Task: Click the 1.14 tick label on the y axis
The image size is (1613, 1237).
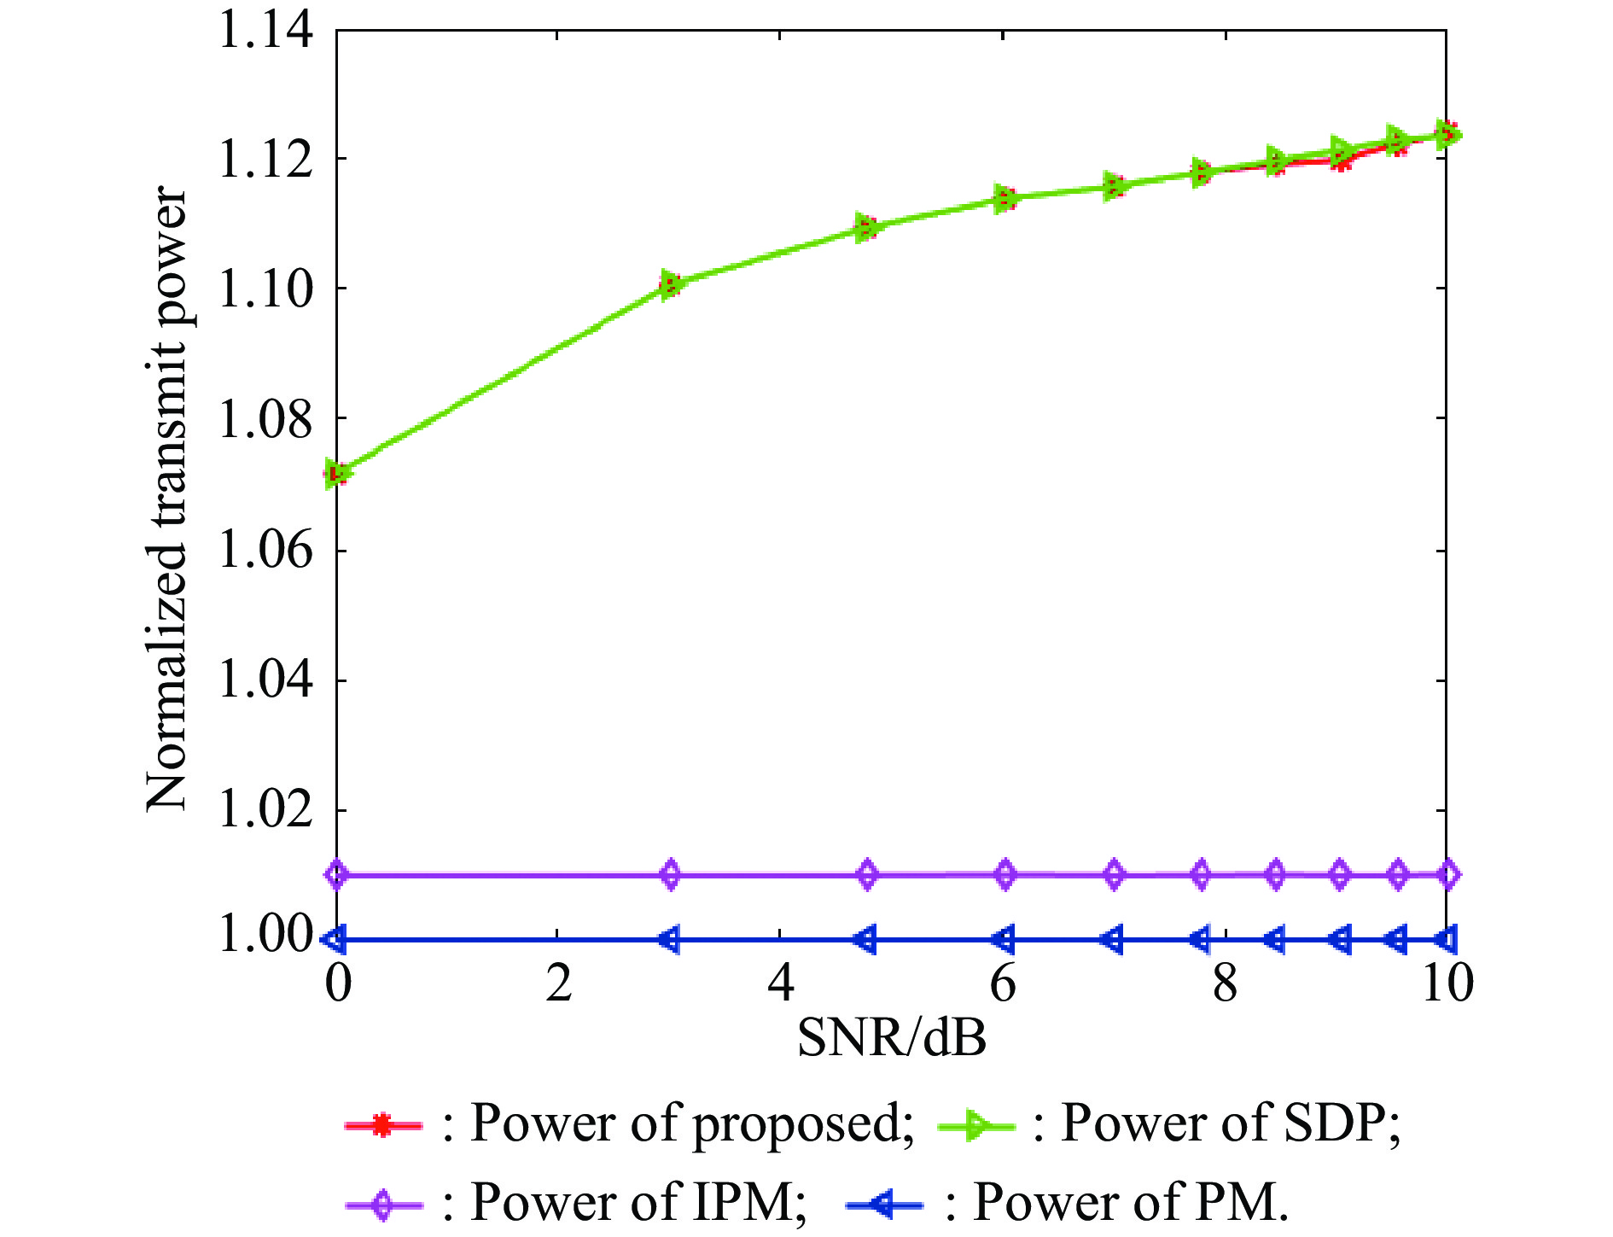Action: pyautogui.click(x=265, y=31)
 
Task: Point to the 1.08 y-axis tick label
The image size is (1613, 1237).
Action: pyautogui.click(x=265, y=420)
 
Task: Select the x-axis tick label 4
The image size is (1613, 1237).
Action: pyautogui.click(x=780, y=983)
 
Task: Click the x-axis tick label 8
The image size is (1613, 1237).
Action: pyautogui.click(x=1225, y=983)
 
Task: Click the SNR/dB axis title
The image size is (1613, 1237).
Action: pyautogui.click(x=891, y=1037)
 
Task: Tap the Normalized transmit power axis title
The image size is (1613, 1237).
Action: pyautogui.click(x=166, y=499)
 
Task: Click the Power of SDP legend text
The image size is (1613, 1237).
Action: pyautogui.click(x=1230, y=1123)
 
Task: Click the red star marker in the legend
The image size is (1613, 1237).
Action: pyautogui.click(x=383, y=1125)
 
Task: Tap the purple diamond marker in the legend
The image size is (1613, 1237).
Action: pyautogui.click(x=383, y=1205)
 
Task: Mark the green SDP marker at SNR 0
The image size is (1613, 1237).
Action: pyautogui.click(x=339, y=473)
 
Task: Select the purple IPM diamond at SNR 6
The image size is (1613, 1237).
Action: pyautogui.click(x=1005, y=875)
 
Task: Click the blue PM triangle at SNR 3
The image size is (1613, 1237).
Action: pyautogui.click(x=670, y=940)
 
